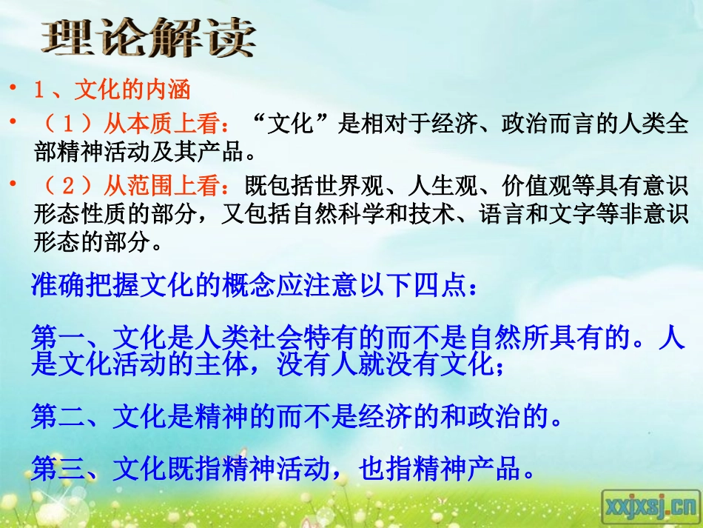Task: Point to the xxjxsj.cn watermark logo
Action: coord(649,507)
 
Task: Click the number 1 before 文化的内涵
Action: coord(41,90)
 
